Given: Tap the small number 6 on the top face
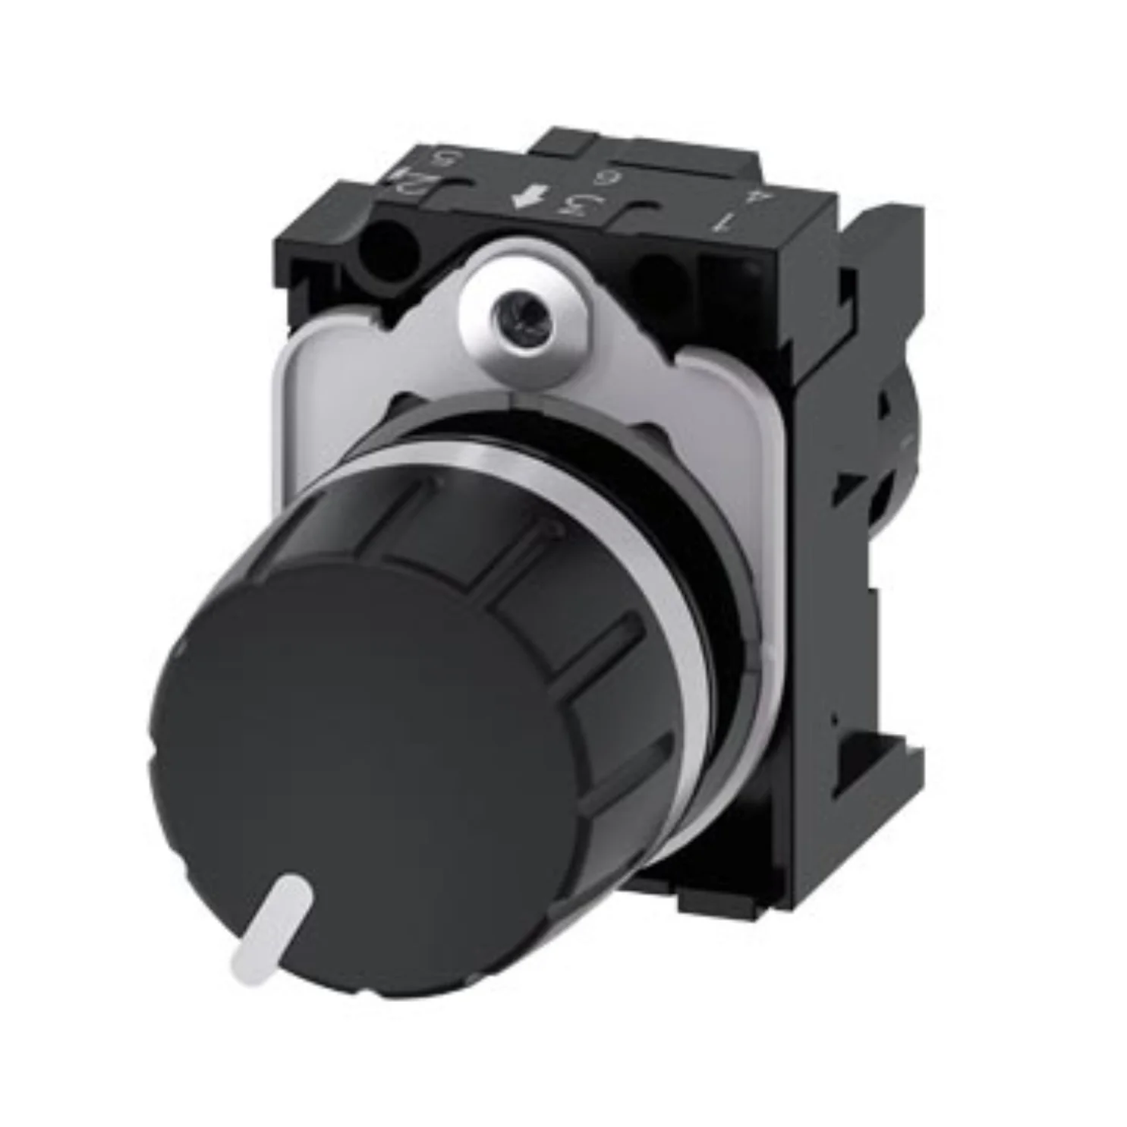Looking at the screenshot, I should pyautogui.click(x=605, y=179).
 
